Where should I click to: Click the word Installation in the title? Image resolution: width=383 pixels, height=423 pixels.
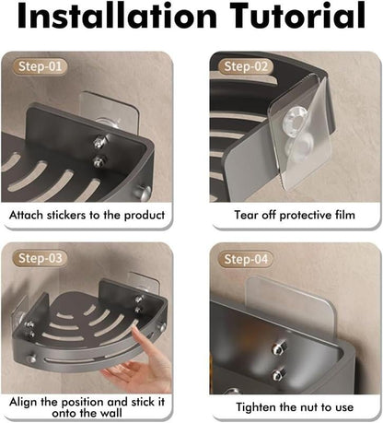pyautogui.click(x=117, y=15)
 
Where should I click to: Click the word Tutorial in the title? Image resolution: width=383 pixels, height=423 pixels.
pyautogui.click(x=297, y=15)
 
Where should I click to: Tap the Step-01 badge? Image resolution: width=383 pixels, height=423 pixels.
pyautogui.click(x=40, y=66)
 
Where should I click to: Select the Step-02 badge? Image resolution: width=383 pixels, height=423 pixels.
pyautogui.click(x=246, y=66)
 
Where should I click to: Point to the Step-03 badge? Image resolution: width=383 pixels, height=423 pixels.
pyautogui.click(x=40, y=258)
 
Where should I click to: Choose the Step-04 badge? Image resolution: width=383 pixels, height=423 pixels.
pyautogui.click(x=246, y=259)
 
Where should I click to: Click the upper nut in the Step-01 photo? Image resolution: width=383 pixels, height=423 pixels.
pyautogui.click(x=99, y=142)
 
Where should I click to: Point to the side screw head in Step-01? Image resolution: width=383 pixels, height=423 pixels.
pyautogui.click(x=145, y=192)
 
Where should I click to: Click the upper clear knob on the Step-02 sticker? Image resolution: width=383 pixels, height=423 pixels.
pyautogui.click(x=295, y=119)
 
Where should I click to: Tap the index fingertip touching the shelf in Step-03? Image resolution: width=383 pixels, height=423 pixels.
pyautogui.click(x=134, y=329)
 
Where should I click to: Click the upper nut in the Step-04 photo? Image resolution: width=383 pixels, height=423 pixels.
pyautogui.click(x=277, y=349)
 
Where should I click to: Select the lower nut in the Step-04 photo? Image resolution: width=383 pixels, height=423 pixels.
pyautogui.click(x=278, y=375)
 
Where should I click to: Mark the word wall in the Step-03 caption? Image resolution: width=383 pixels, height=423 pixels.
pyautogui.click(x=111, y=413)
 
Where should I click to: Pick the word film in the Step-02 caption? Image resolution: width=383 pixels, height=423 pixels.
pyautogui.click(x=345, y=215)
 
